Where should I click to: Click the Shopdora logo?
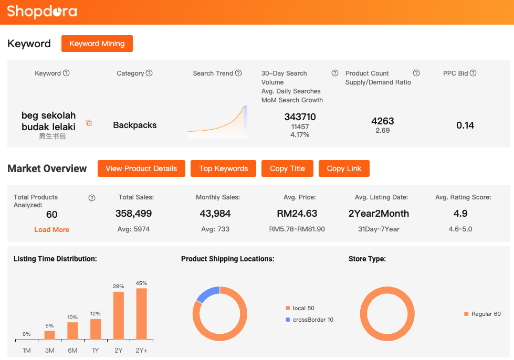point(42,12)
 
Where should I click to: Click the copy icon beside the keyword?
point(89,123)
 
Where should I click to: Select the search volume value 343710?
point(300,117)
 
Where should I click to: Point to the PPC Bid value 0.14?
point(465,125)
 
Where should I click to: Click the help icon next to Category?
point(149,73)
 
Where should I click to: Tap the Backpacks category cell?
point(135,125)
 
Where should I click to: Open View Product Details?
point(141,168)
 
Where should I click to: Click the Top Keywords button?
point(223,168)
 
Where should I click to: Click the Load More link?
point(51,229)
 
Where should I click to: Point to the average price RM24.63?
point(297,214)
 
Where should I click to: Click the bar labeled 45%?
point(141,313)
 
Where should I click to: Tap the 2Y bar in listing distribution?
point(119,315)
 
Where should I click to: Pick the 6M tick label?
point(72,350)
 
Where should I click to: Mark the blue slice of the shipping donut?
point(207,294)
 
